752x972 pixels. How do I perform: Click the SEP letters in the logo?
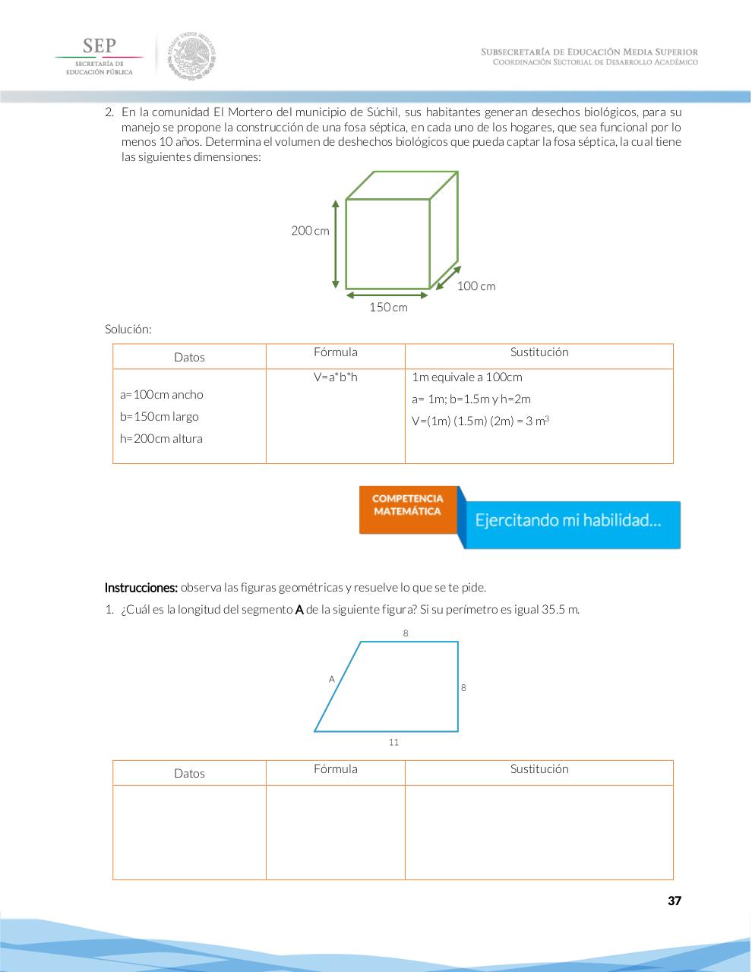(99, 46)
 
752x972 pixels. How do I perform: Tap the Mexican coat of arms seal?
(192, 55)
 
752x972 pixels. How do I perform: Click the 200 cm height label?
(310, 230)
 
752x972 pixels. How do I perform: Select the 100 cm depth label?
(476, 286)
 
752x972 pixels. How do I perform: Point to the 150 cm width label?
(388, 308)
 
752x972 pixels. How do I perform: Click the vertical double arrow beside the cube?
(335, 244)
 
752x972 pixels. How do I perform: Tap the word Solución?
(128, 330)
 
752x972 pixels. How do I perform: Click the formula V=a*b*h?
(335, 377)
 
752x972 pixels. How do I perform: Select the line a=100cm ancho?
(162, 395)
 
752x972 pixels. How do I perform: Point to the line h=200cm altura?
(161, 439)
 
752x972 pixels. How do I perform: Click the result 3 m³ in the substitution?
(538, 421)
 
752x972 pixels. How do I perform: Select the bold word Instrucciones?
(141, 588)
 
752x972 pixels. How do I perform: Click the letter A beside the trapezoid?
(331, 679)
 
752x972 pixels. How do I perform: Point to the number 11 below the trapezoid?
(393, 742)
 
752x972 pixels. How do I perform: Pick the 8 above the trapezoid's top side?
(406, 633)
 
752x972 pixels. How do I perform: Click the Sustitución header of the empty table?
(539, 769)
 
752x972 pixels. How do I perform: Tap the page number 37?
(674, 901)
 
